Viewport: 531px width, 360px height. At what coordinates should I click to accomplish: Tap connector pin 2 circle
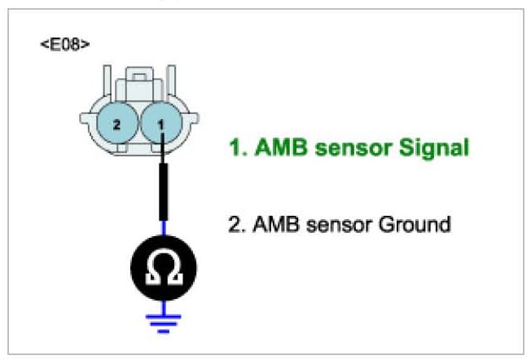point(116,125)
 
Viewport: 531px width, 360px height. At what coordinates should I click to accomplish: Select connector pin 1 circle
point(160,125)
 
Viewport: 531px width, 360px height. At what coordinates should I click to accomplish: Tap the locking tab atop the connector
point(138,82)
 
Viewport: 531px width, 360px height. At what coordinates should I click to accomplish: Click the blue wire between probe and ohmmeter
point(164,230)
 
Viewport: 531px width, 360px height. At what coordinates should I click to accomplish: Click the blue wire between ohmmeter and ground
point(164,302)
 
